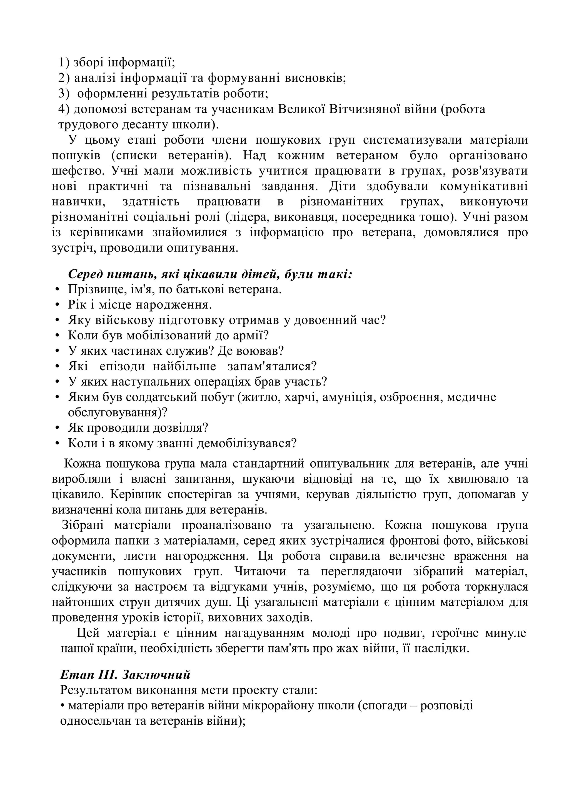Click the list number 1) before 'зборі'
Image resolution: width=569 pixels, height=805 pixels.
point(64,63)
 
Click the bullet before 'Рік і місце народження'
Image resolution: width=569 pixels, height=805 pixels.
point(57,305)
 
